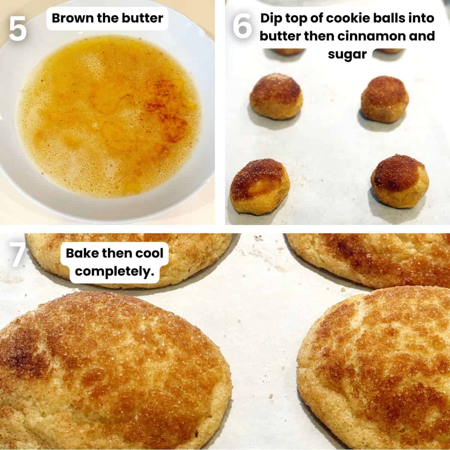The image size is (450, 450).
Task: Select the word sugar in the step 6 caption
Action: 347,54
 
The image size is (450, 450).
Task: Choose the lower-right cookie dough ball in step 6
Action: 400,181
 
